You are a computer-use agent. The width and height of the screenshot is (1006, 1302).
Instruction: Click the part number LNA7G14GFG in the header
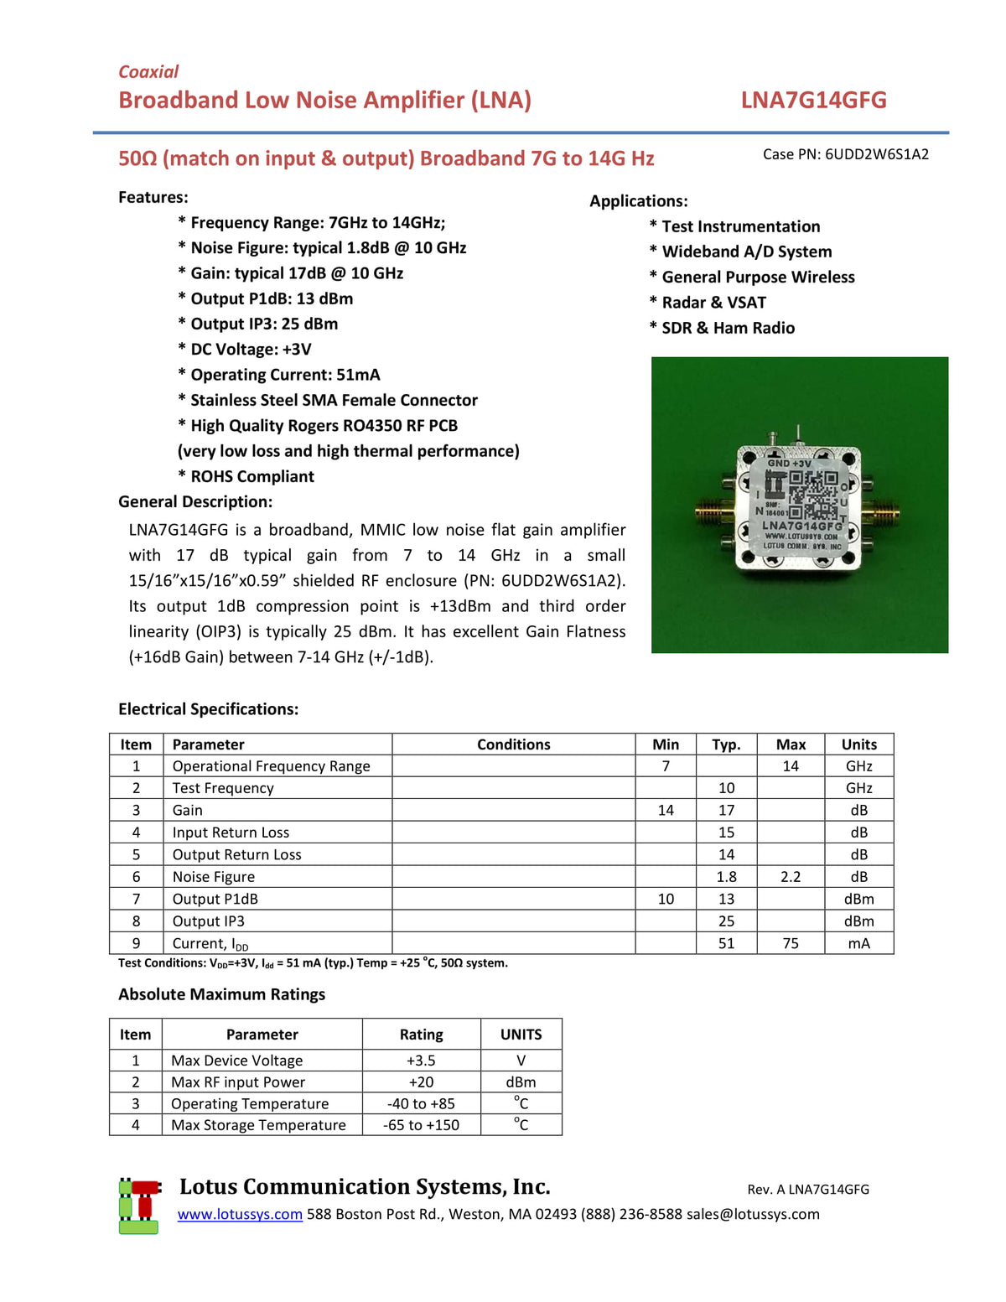coord(813,101)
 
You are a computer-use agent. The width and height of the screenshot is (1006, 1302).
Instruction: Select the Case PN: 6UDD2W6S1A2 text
coord(845,154)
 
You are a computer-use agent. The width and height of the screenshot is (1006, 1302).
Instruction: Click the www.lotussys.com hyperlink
coord(240,1214)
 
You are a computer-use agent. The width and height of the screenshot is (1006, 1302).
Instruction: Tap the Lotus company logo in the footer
coord(139,1206)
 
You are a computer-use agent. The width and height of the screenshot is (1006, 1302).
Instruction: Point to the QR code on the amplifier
coord(812,495)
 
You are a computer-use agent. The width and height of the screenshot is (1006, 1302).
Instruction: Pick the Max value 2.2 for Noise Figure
coord(791,877)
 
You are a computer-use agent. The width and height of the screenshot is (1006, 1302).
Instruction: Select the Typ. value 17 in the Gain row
coord(726,811)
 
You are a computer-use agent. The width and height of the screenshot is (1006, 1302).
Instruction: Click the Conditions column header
coord(513,744)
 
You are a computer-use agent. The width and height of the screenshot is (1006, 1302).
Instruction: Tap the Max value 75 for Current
coord(791,943)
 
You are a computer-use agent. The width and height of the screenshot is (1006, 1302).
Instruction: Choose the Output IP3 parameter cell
coord(209,921)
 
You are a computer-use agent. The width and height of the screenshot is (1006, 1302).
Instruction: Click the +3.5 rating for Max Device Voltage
coord(421,1061)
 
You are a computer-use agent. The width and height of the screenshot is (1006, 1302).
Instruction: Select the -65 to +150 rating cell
coord(421,1125)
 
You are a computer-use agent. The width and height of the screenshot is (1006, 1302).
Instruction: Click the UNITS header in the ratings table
coord(521,1035)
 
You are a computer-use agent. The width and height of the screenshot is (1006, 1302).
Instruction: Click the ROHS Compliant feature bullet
coord(251,477)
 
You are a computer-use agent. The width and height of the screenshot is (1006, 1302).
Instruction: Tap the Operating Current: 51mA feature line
coord(284,375)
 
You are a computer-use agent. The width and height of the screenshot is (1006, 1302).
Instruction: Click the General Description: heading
coord(195,502)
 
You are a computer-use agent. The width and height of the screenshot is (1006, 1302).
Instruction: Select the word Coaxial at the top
coord(148,72)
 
